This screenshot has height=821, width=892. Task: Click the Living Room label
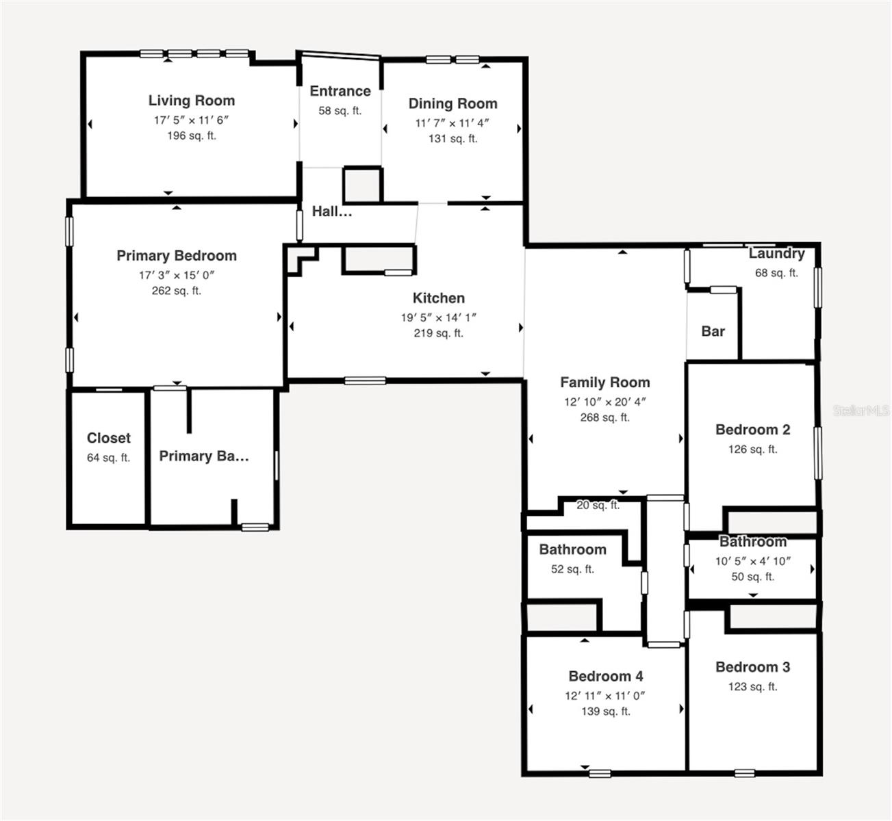pos(192,101)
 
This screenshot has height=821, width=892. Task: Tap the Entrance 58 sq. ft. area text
pos(340,111)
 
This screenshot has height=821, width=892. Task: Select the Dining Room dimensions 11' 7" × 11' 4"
pos(453,123)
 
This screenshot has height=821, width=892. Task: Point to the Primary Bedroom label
pos(177,256)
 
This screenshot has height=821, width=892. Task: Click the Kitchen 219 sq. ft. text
pos(438,333)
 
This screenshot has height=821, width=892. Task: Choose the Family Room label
pos(605,382)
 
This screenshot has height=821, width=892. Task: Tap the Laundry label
pos(776,254)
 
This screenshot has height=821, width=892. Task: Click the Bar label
pos(713,331)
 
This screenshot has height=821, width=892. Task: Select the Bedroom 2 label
pos(752,430)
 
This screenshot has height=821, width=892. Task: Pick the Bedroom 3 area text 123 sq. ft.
pos(752,686)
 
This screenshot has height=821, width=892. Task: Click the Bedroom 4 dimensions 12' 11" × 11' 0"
pos(605,696)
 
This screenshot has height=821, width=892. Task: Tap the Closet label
pos(108,438)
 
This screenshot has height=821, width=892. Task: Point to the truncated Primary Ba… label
pos(204,456)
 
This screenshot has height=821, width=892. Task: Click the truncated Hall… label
pos(332,212)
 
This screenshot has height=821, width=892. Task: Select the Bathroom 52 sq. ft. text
pos(572,569)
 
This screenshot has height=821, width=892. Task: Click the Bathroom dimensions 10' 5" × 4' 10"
pos(752,561)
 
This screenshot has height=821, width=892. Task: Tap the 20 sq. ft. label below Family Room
pos(598,506)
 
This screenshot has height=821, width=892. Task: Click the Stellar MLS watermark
pos(861,410)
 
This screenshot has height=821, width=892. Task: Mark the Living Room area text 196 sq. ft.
pos(192,135)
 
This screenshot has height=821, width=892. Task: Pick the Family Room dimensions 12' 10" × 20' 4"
pos(605,402)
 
